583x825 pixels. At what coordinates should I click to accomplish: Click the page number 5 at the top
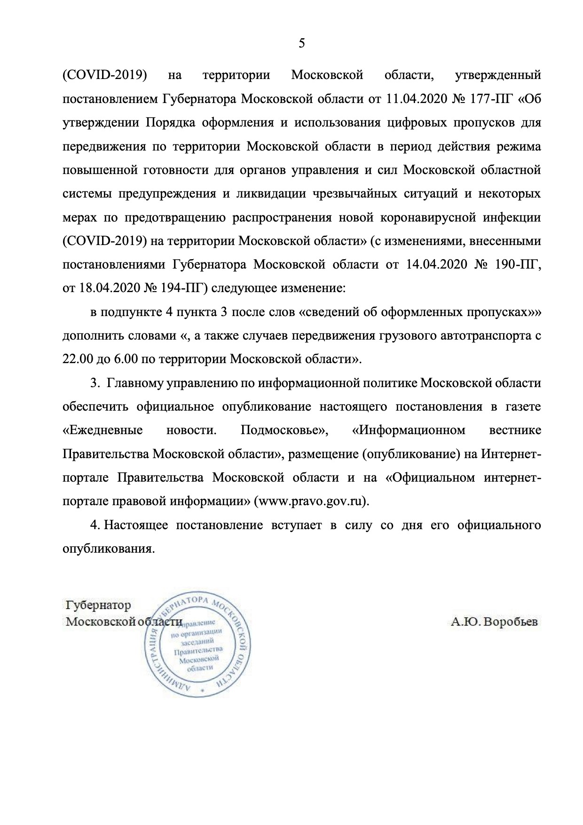[301, 44]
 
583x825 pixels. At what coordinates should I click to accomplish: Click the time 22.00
[77, 359]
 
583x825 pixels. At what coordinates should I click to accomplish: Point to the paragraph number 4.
[95, 525]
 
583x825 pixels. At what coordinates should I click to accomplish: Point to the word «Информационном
[409, 430]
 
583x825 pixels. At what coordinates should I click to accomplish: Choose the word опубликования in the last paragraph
[109, 549]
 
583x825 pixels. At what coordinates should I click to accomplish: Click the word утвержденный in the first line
[498, 75]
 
